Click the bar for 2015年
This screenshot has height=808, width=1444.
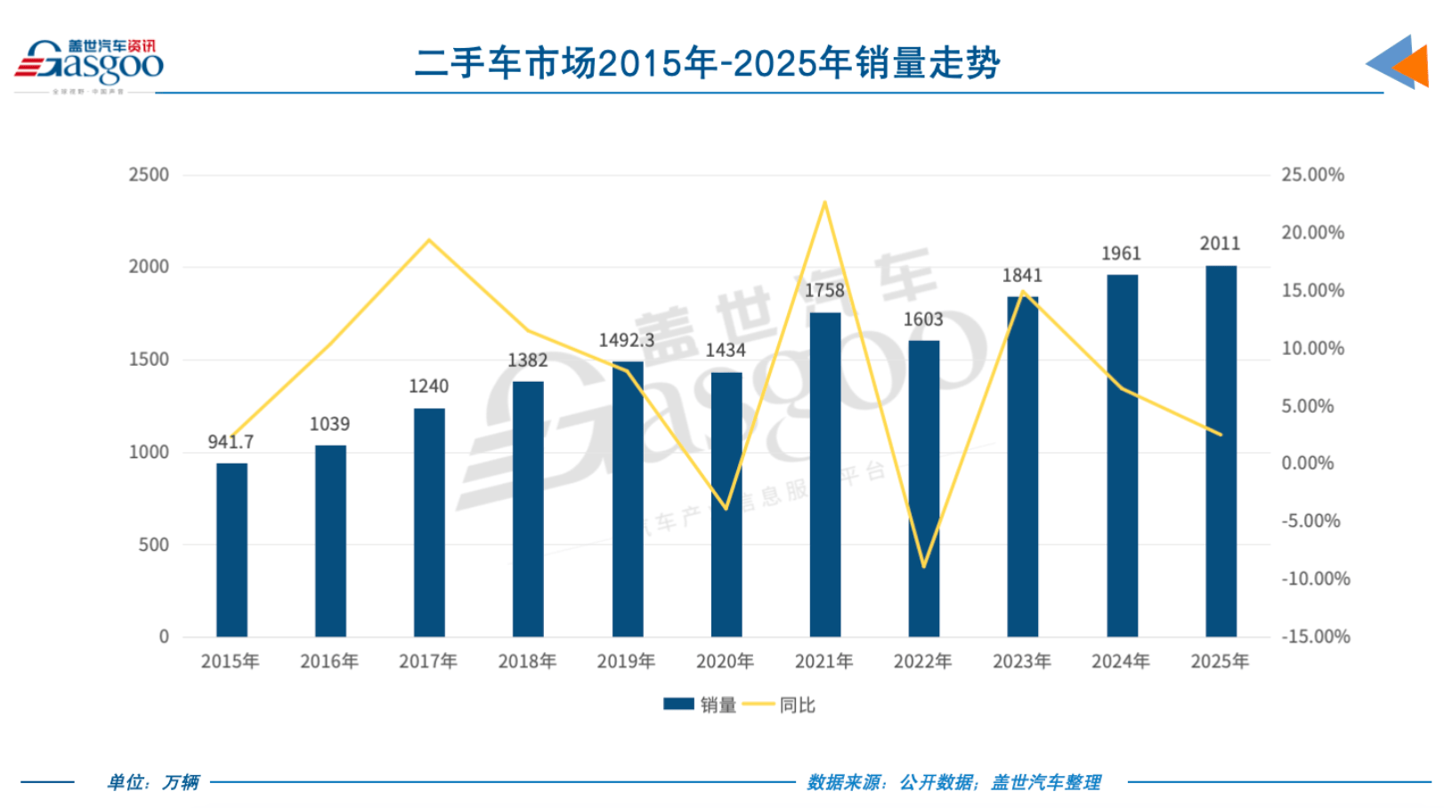click(231, 550)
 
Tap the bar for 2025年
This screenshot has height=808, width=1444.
click(1220, 451)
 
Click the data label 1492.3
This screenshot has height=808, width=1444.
click(626, 340)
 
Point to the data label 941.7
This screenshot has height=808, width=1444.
click(231, 441)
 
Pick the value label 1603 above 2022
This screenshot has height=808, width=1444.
click(923, 319)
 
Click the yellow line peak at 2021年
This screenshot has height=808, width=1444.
click(824, 202)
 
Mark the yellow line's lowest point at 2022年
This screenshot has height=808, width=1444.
click(923, 566)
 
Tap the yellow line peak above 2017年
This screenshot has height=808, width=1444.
click(429, 240)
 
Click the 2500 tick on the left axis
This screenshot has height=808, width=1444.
click(149, 174)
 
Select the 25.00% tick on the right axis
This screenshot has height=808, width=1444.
click(1312, 174)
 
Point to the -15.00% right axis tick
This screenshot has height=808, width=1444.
click(1315, 636)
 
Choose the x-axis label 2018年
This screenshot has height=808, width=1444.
click(527, 661)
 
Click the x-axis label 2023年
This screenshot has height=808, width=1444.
click(1022, 661)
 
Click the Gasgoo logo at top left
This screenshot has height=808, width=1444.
click(89, 64)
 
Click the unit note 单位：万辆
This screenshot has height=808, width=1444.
click(153, 782)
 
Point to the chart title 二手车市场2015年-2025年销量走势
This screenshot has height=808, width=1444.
click(708, 63)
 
